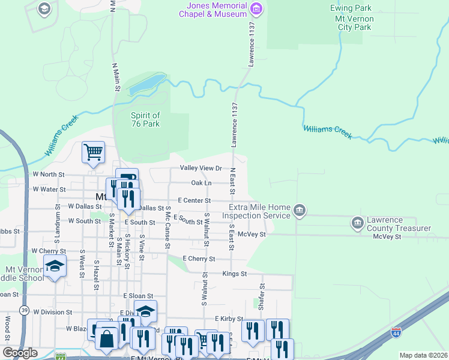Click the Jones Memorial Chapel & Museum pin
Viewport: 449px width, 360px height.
coord(256,8)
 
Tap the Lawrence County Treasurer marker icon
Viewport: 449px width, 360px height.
coord(358,223)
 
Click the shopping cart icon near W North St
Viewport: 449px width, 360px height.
coord(93,152)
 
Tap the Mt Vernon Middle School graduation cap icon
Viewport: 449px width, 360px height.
coord(55,266)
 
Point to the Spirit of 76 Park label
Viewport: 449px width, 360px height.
coord(145,119)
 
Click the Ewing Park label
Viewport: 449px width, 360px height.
coord(351,8)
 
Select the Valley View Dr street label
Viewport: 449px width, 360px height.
coord(200,169)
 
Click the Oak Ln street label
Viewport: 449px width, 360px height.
coord(201,183)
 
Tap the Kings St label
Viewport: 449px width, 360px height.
coord(235,274)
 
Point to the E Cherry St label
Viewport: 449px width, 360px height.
coord(199,259)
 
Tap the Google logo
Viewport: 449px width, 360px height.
coord(20,352)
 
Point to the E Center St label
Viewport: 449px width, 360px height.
coord(194,200)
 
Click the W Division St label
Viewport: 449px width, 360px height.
coord(52,312)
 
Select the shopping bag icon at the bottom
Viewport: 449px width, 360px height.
coord(106,338)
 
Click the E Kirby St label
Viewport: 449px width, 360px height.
coord(229,319)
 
